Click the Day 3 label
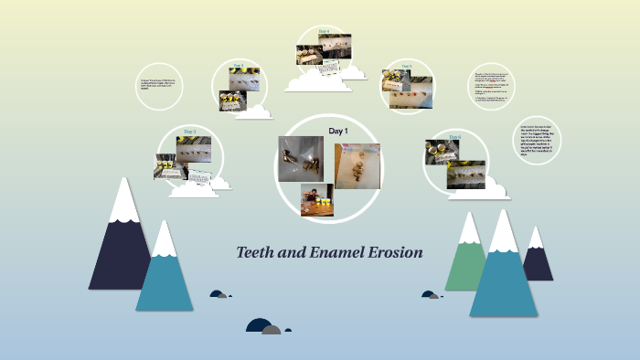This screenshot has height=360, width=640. pos(189,132)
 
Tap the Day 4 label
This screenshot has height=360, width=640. pos(324,31)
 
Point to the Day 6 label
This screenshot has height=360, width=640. pos(454,137)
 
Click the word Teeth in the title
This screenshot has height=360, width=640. pos(257,252)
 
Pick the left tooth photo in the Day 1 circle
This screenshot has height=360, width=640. pos(300,158)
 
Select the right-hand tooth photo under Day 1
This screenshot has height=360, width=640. pos(357,165)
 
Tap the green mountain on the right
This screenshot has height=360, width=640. pos(466,260)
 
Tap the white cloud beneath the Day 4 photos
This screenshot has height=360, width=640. pos(318,81)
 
